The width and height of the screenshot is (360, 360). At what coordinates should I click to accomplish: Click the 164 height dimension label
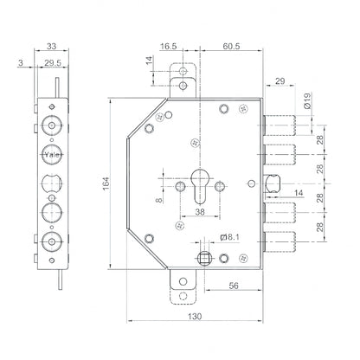tap(106, 183)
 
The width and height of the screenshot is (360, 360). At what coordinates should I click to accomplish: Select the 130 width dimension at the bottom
tap(195, 317)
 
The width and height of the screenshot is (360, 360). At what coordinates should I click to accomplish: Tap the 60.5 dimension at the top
tap(231, 46)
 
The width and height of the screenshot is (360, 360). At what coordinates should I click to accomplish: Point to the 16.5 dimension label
tap(169, 46)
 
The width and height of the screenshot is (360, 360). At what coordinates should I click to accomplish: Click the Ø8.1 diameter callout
tap(229, 237)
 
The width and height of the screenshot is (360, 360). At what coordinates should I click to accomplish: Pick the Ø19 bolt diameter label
tap(307, 100)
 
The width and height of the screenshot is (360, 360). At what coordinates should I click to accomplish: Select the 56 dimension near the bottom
tap(234, 286)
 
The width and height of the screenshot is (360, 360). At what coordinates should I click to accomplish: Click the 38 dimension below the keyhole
tap(200, 212)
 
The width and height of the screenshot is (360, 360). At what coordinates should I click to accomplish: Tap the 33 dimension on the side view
tap(51, 46)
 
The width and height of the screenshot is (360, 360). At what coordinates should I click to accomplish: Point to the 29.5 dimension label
tap(53, 63)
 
